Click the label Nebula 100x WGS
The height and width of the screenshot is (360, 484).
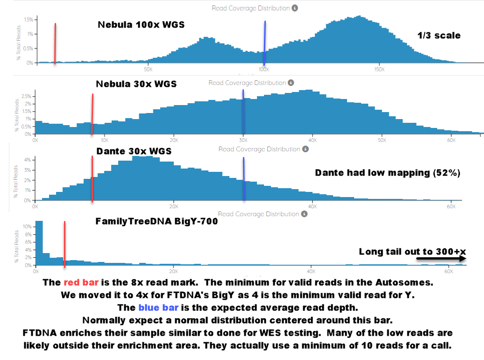(141, 25)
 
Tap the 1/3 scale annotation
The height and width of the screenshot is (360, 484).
(439, 35)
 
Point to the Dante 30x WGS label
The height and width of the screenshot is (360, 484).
(134, 151)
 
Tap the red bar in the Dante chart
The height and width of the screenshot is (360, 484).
(92, 179)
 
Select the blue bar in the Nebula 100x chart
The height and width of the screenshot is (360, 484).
(264, 43)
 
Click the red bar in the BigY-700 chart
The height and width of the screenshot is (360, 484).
(64, 244)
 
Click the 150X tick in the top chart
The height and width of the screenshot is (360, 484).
(379, 70)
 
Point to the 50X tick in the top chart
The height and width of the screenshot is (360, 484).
(148, 70)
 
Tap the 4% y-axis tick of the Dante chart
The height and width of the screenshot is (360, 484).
(28, 160)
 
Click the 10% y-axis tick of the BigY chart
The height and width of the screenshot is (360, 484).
(27, 226)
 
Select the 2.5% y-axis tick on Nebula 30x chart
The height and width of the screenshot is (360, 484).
(26, 97)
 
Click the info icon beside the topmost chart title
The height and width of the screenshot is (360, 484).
(295, 8)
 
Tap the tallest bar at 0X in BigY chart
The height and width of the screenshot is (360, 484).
(39, 243)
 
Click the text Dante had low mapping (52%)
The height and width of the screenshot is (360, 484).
(388, 173)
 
